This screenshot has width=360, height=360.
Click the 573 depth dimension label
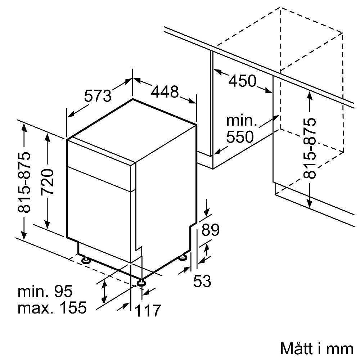click(x=98, y=96)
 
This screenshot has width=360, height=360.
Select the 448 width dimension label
click(x=165, y=92)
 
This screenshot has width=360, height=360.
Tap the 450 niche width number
click(x=242, y=81)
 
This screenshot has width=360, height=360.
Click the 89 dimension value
click(x=210, y=230)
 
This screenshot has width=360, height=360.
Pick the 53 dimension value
click(x=202, y=281)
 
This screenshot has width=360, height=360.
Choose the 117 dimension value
click(x=148, y=310)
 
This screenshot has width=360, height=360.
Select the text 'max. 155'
click(x=53, y=308)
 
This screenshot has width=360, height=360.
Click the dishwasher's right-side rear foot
click(x=183, y=257)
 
